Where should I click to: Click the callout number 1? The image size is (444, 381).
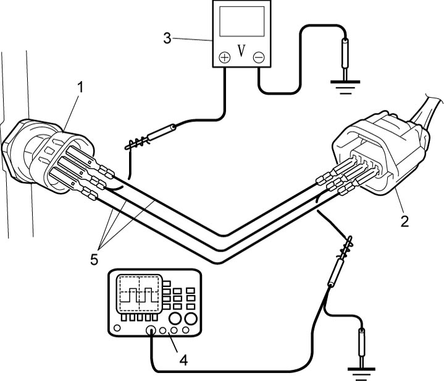tap(81, 87)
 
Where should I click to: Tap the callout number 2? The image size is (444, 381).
tap(404, 221)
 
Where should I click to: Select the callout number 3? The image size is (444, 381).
tap(167, 38)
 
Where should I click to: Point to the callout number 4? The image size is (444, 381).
tap(183, 361)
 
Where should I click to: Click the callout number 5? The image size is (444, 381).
tap(94, 259)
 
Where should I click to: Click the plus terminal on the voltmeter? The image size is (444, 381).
tap(225, 58)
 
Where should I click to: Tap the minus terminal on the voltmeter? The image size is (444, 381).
tap(259, 58)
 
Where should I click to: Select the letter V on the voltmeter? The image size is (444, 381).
tap(241, 51)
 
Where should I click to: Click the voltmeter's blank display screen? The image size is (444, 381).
tap(242, 21)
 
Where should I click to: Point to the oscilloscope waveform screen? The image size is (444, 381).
tap(139, 294)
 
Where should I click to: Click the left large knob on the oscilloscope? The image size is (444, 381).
tap(175, 319)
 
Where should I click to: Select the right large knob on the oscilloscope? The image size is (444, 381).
tap(191, 319)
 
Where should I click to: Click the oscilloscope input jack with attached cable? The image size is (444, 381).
tap(151, 330)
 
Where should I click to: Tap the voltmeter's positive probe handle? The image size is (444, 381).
tap(161, 132)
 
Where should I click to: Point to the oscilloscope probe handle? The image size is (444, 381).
tap(336, 270)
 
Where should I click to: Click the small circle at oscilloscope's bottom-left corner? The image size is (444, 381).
tap(117, 328)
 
